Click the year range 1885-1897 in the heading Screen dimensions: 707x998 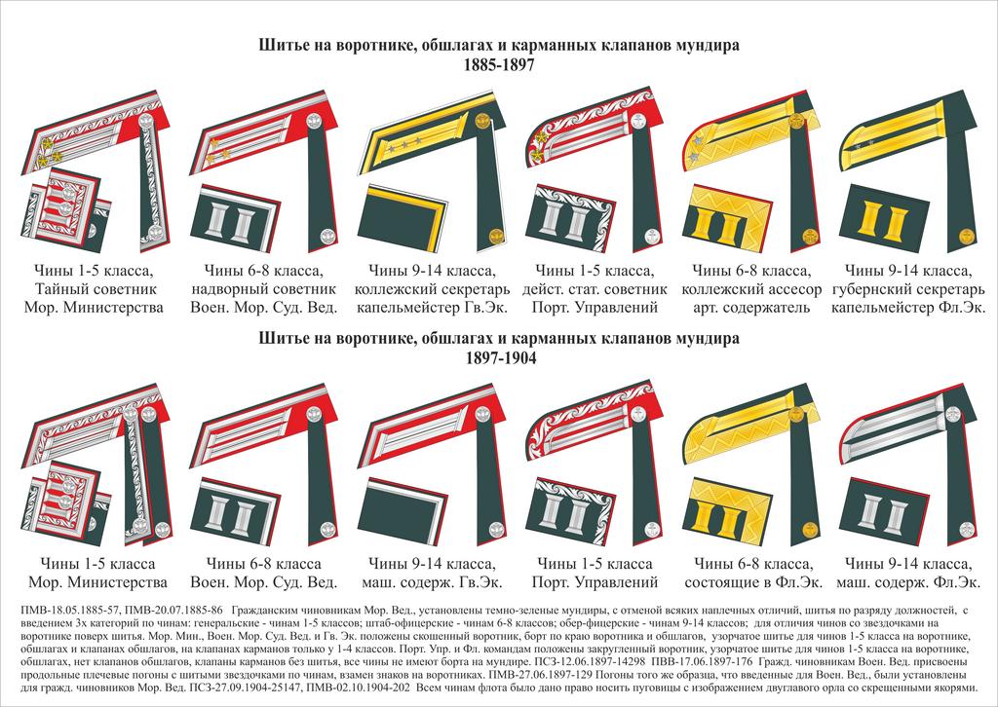498,62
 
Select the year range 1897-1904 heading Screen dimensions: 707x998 498,357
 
